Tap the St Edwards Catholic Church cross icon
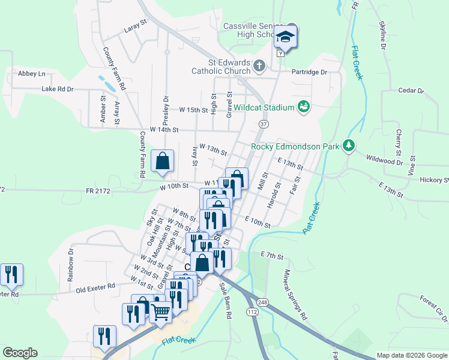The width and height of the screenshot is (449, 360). click(259, 65)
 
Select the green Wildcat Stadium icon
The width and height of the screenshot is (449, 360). click(304, 107)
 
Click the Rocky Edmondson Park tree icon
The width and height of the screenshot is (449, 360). click(348, 146)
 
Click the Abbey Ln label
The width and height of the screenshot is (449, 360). click(32, 73)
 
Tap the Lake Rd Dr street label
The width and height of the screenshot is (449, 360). click(58, 89)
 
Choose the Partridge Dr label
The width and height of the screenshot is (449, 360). click(309, 72)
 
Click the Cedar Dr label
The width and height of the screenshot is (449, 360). click(411, 91)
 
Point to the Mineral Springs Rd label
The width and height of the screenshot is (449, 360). click(295, 293)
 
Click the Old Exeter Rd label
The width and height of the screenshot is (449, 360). click(95, 289)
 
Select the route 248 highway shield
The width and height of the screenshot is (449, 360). click(262, 301)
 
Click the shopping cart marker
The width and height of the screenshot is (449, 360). click(160, 312)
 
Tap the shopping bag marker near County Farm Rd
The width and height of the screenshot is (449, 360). click(162, 160)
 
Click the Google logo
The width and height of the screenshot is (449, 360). click(20, 353)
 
